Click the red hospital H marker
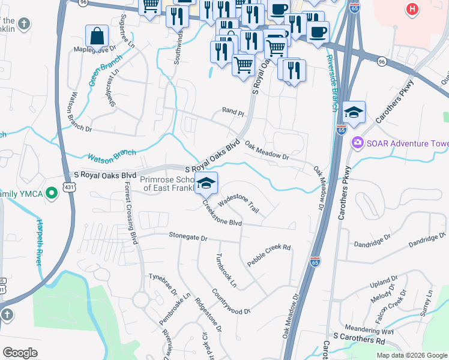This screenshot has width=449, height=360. tap(411, 9)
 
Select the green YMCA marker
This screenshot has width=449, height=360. tap(52, 193)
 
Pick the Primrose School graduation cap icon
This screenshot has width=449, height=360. tap(206, 183)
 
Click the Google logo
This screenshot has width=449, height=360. tap(20, 352)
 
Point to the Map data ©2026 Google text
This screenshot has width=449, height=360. tap(411, 355)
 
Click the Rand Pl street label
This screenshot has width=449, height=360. tap(234, 112)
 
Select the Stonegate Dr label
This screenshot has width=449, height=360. tap(187, 238)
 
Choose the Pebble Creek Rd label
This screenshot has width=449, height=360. tap(269, 256)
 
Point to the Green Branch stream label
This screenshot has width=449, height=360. tap(106, 70)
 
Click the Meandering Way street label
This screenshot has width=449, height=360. tap(369, 331)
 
